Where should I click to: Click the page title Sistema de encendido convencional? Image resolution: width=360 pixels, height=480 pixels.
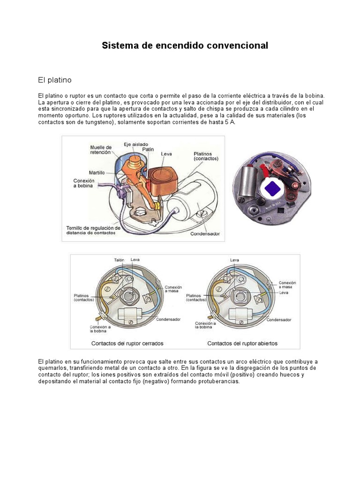tap(185, 45)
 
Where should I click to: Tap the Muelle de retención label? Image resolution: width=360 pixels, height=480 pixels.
tap(101, 150)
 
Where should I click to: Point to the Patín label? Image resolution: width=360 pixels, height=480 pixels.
tap(148, 150)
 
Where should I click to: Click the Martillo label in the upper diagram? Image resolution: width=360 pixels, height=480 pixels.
tap(97, 172)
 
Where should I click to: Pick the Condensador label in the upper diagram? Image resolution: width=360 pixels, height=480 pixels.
tap(205, 233)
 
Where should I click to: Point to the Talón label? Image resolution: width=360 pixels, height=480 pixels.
tap(119, 259)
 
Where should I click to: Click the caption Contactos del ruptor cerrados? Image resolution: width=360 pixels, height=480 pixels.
tap(127, 343)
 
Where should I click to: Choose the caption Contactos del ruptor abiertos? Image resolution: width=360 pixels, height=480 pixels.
tap(242, 343)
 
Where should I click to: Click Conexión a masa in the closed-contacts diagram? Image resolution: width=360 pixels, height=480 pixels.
tap(173, 289)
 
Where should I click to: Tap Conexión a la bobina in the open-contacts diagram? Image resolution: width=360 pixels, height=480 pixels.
tap(205, 326)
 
